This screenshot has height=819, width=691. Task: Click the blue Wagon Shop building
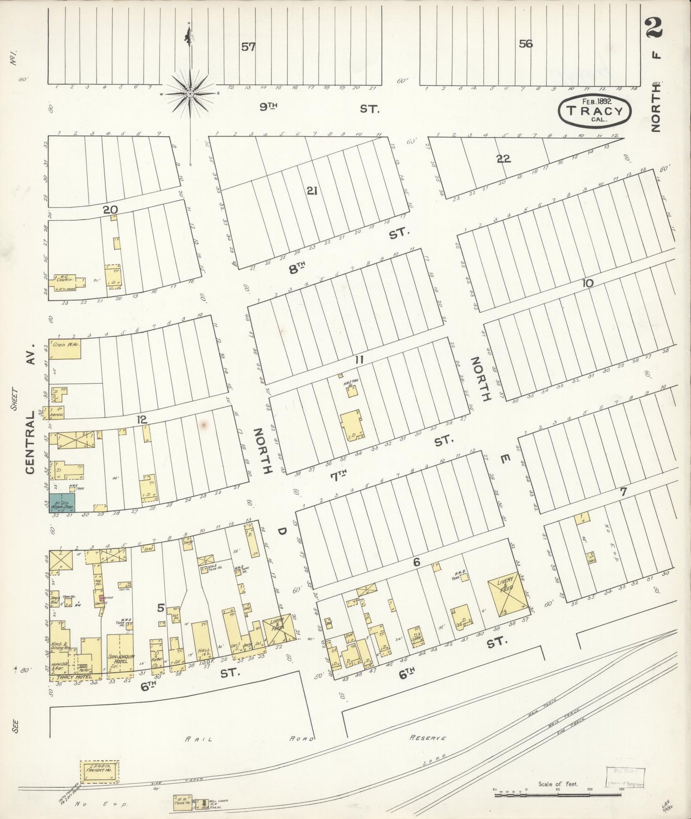coord(62,503)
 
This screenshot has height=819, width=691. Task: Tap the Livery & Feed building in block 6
coord(506,593)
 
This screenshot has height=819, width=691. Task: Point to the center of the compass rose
coord(190,94)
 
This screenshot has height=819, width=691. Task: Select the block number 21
coord(312,191)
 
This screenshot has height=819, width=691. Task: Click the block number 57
coord(248,47)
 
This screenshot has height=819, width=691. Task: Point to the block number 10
coord(587,283)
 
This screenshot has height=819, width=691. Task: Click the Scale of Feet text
coord(558,784)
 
